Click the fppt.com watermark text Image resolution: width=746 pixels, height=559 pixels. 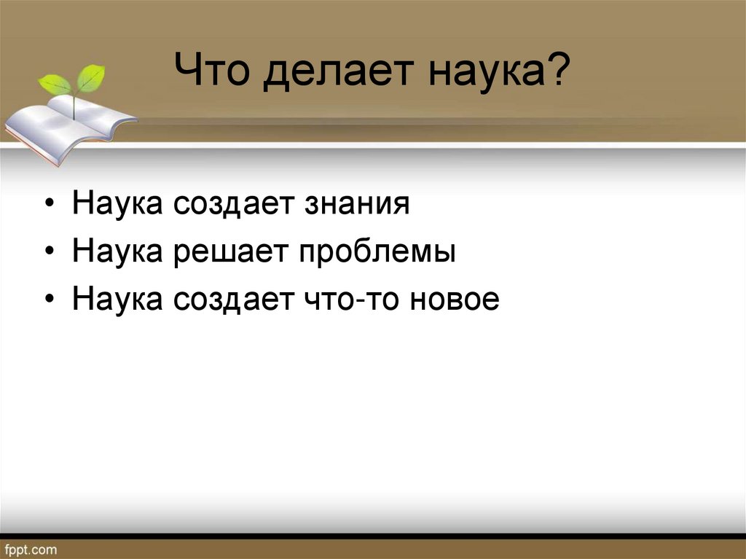30,548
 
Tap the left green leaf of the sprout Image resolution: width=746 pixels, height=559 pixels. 55,84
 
